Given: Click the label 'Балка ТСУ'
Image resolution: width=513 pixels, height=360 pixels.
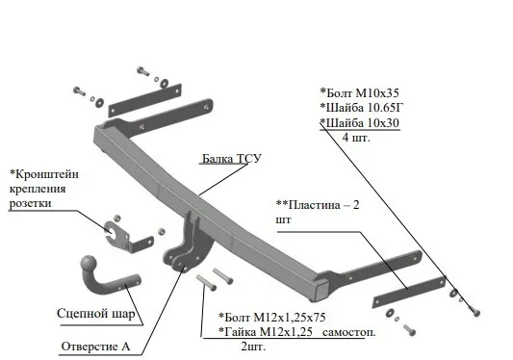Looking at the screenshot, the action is coord(232,159).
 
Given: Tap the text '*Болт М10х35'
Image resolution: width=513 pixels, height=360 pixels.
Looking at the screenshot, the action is coord(360,93).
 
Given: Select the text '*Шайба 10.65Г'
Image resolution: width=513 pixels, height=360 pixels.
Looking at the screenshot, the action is coord(362,108).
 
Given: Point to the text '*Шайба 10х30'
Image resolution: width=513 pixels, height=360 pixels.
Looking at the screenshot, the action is coord(360,123).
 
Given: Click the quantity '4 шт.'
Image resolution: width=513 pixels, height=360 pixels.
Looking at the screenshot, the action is coord(356,137).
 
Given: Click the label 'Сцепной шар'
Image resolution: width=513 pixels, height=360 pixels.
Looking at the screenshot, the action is coord(96,314).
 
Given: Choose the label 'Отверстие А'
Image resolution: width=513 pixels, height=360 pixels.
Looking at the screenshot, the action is coord(95,347).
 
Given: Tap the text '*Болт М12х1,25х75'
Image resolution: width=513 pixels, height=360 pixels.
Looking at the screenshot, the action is coord(272,317).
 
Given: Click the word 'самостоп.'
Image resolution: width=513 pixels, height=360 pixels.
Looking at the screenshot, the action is coord(349,332).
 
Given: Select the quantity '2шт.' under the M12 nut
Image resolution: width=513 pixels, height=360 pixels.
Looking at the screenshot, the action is coord(253,347).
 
